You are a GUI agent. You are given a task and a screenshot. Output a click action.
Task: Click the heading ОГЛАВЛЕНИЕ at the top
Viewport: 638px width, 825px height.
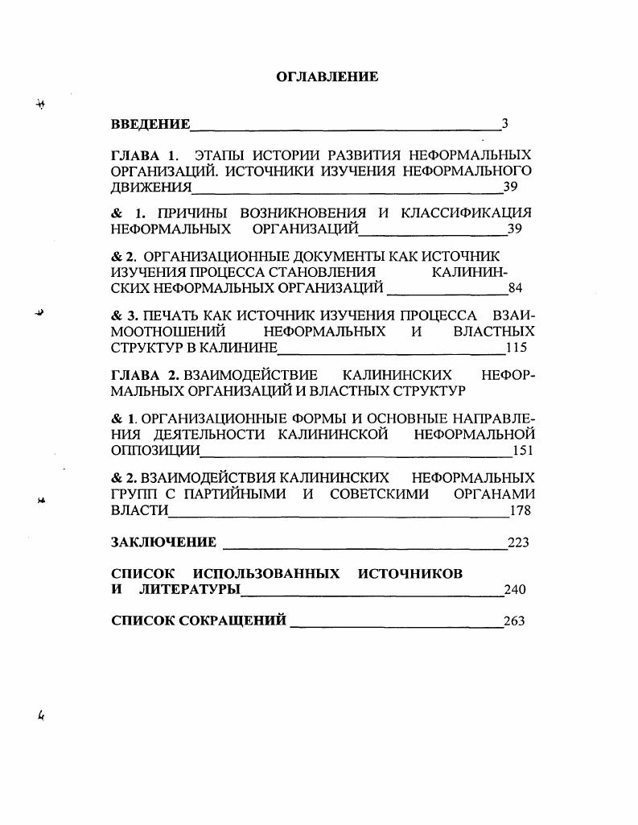[327, 76]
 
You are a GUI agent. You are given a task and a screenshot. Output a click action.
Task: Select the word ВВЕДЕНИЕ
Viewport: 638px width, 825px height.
[150, 124]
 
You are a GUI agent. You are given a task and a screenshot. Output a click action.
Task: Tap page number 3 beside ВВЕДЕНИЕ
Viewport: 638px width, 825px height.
[504, 124]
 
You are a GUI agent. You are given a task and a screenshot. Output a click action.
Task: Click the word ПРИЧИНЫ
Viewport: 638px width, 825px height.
[187, 213]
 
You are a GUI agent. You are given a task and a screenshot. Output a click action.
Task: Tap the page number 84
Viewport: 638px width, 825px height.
[516, 288]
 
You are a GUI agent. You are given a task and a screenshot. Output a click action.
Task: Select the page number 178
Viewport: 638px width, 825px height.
[520, 511]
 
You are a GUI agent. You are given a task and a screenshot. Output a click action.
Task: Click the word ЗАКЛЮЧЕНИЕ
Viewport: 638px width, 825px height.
[163, 542]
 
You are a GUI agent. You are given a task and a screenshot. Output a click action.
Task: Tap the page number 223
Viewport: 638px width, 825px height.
[518, 543]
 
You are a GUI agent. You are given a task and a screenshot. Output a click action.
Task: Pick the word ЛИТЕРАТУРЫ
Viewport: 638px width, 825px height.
[190, 590]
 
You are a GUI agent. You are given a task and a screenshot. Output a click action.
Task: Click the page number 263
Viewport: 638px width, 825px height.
[514, 621]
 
